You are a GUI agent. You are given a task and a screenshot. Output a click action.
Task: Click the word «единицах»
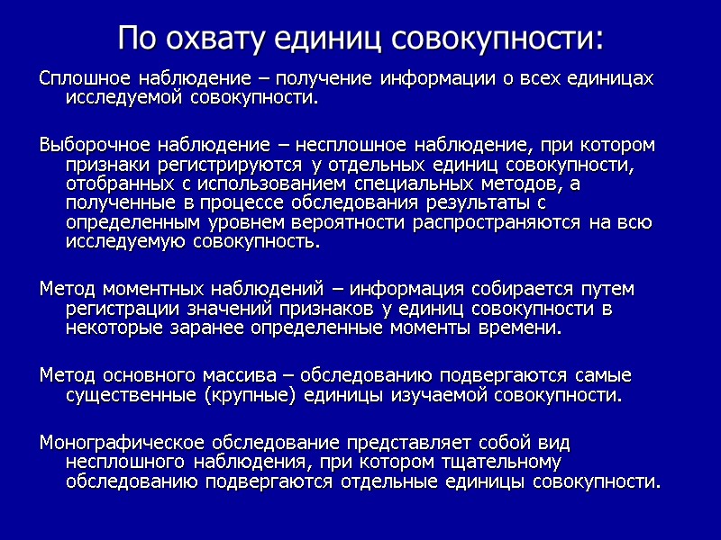[608, 78]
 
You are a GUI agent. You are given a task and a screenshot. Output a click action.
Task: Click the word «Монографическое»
[123, 442]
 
